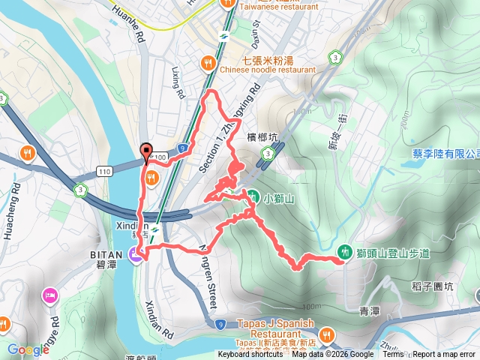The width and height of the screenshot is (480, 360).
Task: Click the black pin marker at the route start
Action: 145,151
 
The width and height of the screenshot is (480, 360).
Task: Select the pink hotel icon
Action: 50,293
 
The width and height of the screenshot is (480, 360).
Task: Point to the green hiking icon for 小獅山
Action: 254,197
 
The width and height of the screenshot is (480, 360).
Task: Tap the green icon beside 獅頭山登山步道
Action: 344,253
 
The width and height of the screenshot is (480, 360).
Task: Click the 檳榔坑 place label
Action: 262,137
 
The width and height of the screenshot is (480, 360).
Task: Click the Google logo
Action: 28,349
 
